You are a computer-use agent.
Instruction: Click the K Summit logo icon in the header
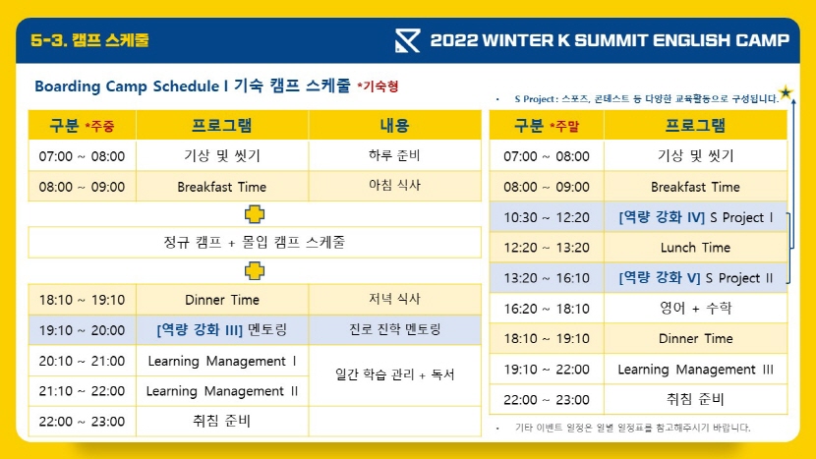click(407, 40)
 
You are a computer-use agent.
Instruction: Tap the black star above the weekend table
click(786, 93)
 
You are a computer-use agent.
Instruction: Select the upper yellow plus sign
click(255, 214)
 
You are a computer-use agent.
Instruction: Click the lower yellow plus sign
click(255, 270)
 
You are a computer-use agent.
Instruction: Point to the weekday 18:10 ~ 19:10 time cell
click(83, 300)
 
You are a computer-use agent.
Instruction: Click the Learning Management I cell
click(222, 361)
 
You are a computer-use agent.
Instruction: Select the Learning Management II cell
click(222, 391)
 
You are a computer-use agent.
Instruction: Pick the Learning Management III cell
click(696, 370)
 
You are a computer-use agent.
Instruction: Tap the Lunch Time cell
click(696, 248)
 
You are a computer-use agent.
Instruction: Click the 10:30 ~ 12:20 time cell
click(547, 217)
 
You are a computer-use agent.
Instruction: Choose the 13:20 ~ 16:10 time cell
click(547, 278)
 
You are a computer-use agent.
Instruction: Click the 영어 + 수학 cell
click(696, 308)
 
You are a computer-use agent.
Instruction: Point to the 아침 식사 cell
click(395, 186)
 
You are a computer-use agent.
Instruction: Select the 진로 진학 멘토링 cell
click(395, 329)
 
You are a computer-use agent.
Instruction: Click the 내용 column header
click(395, 125)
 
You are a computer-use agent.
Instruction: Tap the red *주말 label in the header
click(564, 127)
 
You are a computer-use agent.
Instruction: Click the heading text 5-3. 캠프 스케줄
click(90, 40)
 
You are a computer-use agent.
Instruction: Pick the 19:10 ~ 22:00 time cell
click(547, 370)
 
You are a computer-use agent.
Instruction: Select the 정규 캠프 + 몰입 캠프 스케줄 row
click(255, 242)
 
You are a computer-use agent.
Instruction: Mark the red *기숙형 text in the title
click(378, 86)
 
